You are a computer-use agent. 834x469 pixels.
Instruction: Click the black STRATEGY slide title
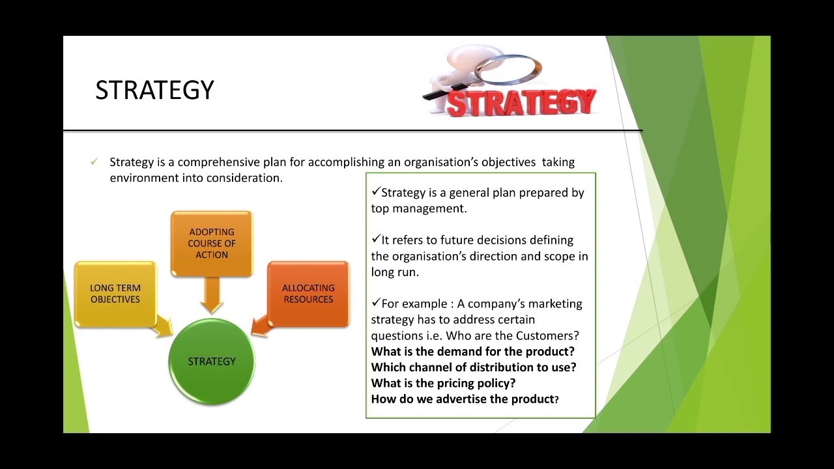coord(154,90)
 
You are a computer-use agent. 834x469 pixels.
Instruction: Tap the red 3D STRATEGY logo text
coord(521,103)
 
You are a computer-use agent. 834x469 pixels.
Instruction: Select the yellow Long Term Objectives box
coord(115,294)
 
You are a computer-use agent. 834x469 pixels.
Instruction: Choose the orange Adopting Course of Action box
coord(212,243)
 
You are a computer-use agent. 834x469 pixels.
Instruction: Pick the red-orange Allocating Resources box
coord(308,294)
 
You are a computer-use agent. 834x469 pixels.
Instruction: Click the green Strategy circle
coord(212,362)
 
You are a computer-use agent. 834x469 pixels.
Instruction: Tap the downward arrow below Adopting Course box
coord(212,296)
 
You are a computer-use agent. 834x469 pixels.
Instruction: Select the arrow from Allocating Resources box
coord(260,325)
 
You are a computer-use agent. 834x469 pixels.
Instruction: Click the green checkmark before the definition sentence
coord(94,162)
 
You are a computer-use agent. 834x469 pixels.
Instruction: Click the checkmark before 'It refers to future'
coord(376,239)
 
